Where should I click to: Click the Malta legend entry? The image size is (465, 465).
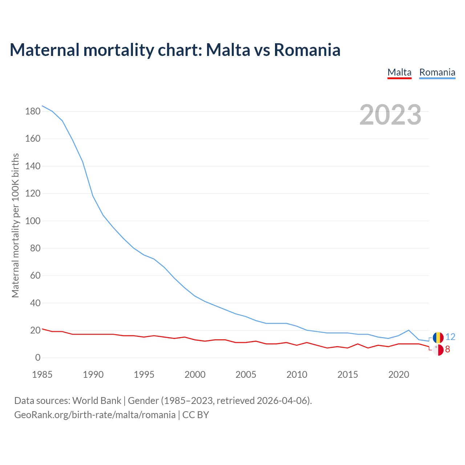pos(399,72)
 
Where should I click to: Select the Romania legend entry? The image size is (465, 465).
pos(437,72)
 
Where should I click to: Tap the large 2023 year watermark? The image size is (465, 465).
pos(391,115)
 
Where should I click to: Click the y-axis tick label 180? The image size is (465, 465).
pos(33,112)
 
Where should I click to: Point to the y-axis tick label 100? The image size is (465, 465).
pos(33,221)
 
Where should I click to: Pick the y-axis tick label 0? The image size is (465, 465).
pos(38,358)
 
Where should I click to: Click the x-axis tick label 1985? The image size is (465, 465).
pos(42,375)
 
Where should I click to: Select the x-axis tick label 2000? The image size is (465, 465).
pos(195,375)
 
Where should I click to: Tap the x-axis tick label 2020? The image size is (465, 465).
pos(399,375)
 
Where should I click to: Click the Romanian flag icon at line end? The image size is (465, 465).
pos(438,337)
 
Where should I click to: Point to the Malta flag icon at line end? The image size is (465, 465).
pos(438,350)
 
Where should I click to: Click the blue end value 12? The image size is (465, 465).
pos(450,337)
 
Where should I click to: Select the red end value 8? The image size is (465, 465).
pos(448,349)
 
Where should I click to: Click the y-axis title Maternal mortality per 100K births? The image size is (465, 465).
pos(15,225)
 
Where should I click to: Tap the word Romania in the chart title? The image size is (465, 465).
pos(307,50)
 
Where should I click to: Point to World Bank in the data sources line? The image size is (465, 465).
pos(97,401)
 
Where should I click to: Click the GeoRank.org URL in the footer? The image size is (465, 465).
pos(95,415)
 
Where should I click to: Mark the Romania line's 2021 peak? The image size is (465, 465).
pos(409,330)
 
